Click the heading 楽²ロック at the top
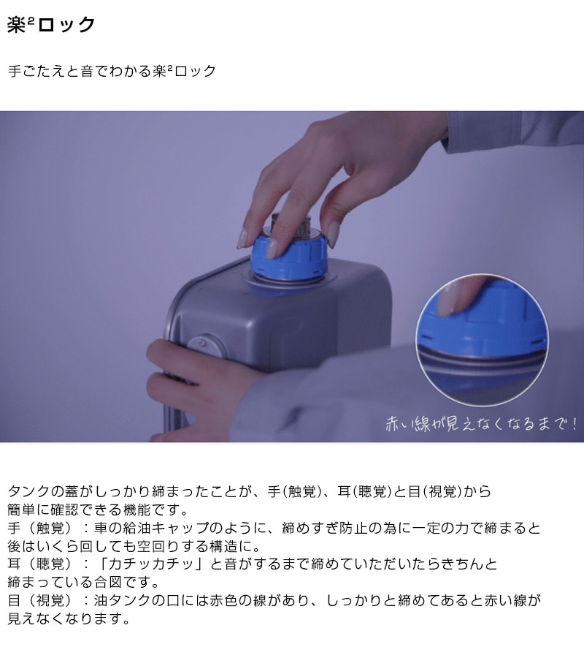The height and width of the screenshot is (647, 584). tap(51, 25)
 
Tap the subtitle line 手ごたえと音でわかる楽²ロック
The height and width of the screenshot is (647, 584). tap(112, 71)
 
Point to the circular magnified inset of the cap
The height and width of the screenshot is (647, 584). tap(483, 340)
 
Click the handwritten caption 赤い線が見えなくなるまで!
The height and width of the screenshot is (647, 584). tap(481, 424)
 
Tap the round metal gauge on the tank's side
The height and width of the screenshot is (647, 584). tap(207, 347)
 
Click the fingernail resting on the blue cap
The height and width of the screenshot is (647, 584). tap(272, 249)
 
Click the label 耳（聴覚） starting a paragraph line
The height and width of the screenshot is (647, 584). tap(40, 564)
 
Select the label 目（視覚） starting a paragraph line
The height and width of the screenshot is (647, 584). tap(40, 600)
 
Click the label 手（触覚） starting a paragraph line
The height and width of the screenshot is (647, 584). tap(40, 528)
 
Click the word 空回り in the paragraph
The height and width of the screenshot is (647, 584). tap(159, 546)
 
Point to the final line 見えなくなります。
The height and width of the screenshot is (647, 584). tap(69, 618)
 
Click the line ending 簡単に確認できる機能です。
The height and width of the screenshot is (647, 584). tap(98, 510)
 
